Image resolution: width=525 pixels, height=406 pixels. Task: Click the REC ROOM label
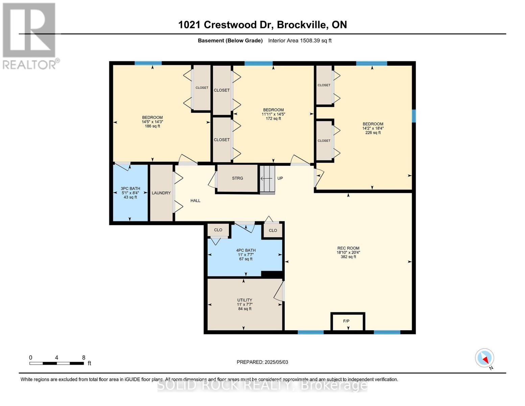click(x=348, y=248)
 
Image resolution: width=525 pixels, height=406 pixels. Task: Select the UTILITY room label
click(x=244, y=300)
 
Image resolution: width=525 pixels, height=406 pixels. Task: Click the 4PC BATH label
click(x=246, y=250)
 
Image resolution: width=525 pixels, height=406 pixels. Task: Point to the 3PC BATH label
click(x=130, y=189)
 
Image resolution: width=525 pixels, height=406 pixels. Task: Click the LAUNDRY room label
click(x=161, y=193)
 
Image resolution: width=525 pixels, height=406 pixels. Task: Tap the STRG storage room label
click(x=237, y=178)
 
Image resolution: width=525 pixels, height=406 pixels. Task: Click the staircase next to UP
click(x=267, y=179)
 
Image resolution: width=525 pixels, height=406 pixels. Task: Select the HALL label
click(x=195, y=201)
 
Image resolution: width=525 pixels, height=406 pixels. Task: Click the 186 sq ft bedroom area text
click(x=152, y=126)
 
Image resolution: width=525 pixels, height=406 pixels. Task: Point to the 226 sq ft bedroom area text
click(x=373, y=133)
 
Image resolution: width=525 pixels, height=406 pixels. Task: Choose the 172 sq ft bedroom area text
click(x=273, y=118)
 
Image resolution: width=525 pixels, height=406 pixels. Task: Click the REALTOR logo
click(x=30, y=36)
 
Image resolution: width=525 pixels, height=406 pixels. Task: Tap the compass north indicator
click(x=484, y=358)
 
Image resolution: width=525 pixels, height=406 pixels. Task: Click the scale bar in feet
click(x=57, y=363)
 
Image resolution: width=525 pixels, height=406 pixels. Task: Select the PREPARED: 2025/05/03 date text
click(x=262, y=362)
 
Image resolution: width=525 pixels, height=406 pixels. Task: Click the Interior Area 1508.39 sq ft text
click(x=300, y=41)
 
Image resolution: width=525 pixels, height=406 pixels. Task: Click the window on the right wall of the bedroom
click(x=413, y=116)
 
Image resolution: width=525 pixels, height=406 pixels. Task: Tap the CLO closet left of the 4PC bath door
click(x=218, y=230)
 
